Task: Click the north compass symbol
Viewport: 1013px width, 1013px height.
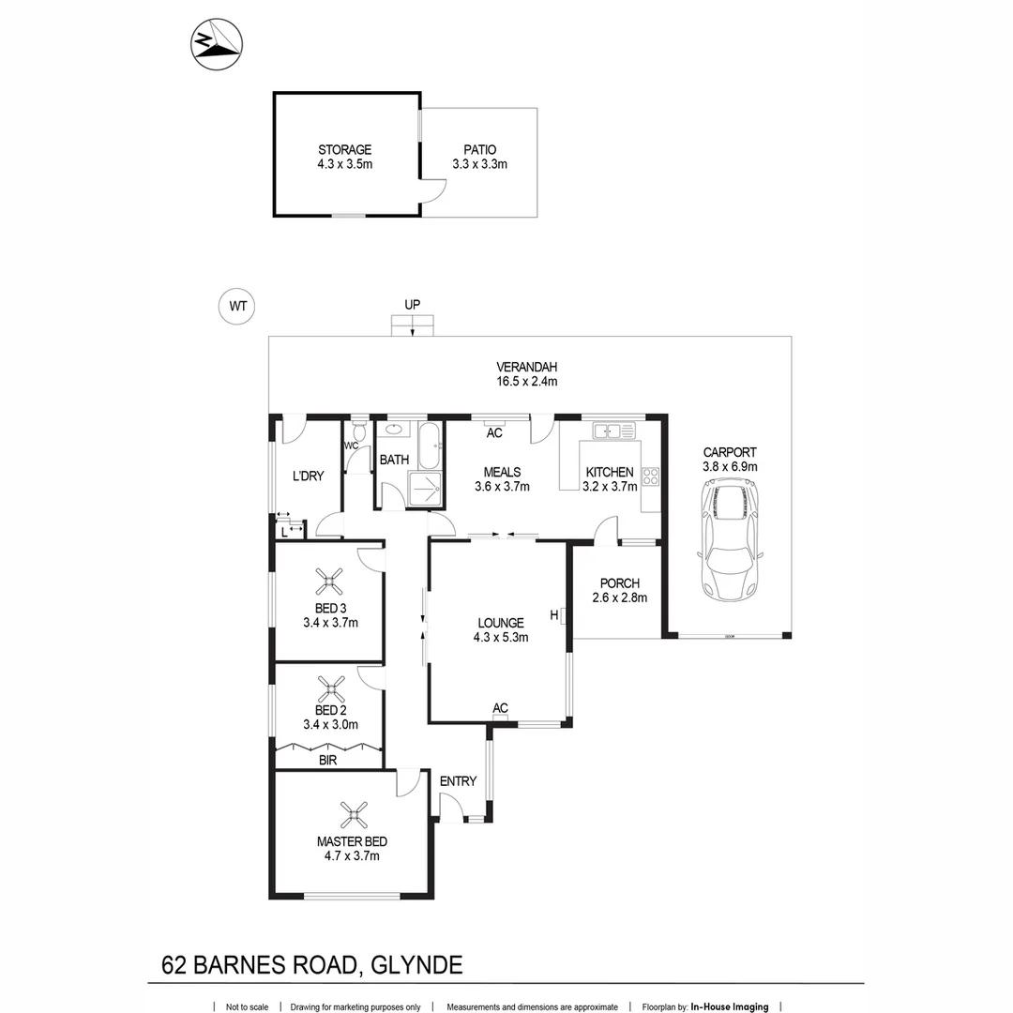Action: coord(216,44)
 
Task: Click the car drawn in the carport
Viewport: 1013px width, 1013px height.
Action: coord(730,540)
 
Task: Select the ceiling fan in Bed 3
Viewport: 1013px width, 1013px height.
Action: coord(330,582)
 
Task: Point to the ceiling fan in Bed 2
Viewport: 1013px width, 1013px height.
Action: coord(330,690)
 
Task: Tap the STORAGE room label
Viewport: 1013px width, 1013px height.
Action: coord(344,149)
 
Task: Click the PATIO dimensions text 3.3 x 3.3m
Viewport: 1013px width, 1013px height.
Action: coord(479,164)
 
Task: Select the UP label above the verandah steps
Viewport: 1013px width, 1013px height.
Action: coord(412,304)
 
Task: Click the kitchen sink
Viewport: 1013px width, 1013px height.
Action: coord(614,431)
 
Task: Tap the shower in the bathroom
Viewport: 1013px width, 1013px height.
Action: coord(427,490)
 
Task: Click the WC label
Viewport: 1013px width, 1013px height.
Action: coord(353,445)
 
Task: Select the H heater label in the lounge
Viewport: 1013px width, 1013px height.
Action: coord(554,615)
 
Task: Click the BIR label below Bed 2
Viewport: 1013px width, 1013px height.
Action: coord(327,761)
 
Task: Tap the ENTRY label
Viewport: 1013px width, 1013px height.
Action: coord(458,780)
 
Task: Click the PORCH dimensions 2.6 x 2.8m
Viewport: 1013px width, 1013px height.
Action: coord(620,597)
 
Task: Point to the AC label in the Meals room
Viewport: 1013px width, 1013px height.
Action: coord(494,433)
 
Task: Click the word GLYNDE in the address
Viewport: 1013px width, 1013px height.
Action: coord(417,964)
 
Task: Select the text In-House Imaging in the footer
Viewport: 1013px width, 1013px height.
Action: coord(729,1006)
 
